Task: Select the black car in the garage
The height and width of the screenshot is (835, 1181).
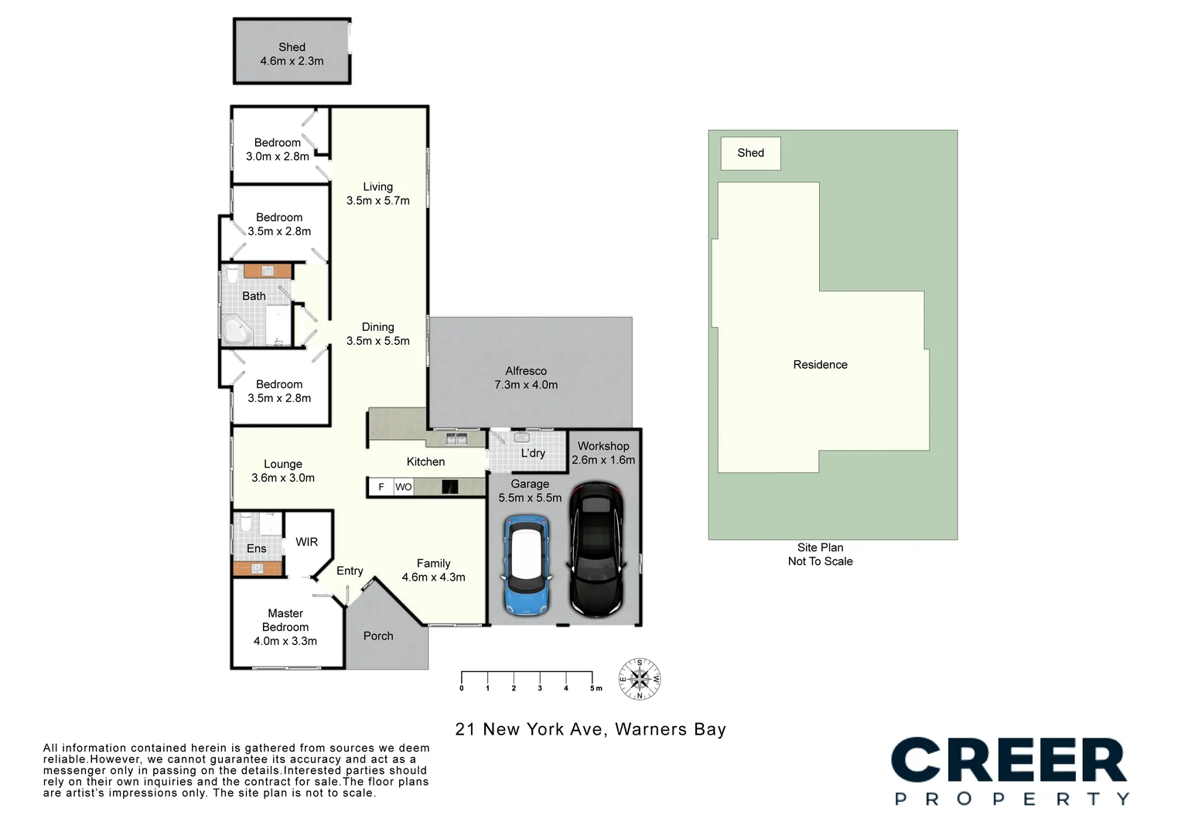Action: (596, 549)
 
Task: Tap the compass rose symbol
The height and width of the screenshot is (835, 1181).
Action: (640, 680)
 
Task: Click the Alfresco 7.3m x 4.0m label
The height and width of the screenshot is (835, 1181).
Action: (526, 378)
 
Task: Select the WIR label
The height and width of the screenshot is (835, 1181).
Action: (307, 542)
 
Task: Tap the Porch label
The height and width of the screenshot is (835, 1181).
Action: (378, 636)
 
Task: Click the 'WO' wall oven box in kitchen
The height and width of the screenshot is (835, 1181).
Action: (404, 487)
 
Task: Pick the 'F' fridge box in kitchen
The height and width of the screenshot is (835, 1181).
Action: (381, 487)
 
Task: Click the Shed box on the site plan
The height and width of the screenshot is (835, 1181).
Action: (750, 153)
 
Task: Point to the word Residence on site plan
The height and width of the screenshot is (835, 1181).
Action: (820, 365)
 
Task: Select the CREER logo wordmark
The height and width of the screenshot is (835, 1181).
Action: (1009, 761)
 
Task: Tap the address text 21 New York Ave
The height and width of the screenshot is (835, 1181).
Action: (590, 729)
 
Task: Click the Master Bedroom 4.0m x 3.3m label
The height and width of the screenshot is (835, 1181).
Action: (285, 627)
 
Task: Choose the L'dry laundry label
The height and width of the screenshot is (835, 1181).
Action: (533, 453)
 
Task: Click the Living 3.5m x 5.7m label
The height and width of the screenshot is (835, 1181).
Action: (378, 193)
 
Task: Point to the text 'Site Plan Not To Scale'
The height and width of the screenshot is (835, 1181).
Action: (820, 554)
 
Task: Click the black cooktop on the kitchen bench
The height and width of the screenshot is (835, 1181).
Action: (449, 487)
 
